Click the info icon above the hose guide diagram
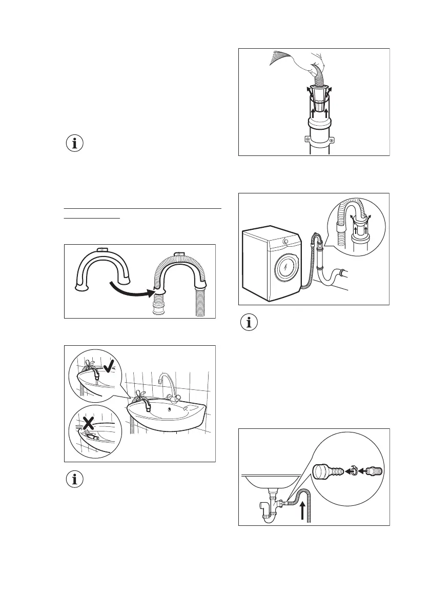75,144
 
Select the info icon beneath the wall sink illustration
75,480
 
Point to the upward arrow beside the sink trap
303,508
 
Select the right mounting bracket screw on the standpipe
332,139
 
